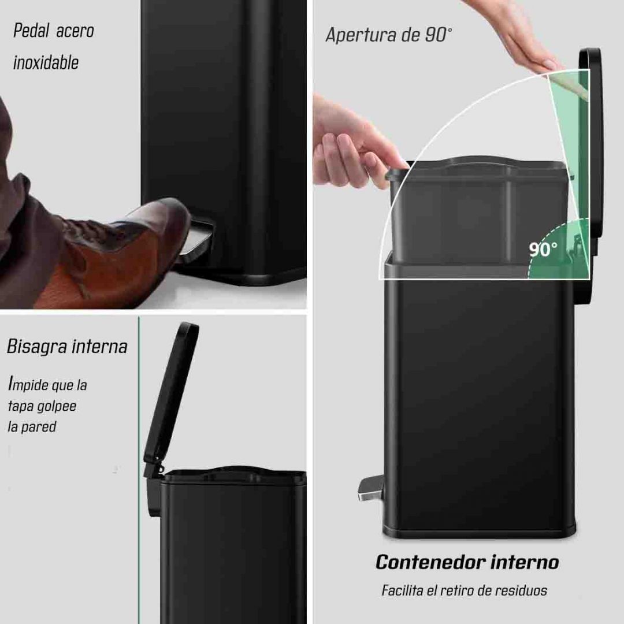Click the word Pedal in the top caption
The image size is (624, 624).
tap(31, 31)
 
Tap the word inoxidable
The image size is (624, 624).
tap(46, 62)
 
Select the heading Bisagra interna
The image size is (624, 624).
tap(67, 347)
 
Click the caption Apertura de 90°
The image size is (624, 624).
tap(389, 35)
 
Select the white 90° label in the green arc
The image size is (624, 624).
tap(543, 250)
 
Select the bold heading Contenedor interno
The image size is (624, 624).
tap(467, 562)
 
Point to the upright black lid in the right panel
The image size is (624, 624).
tap(589, 144)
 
